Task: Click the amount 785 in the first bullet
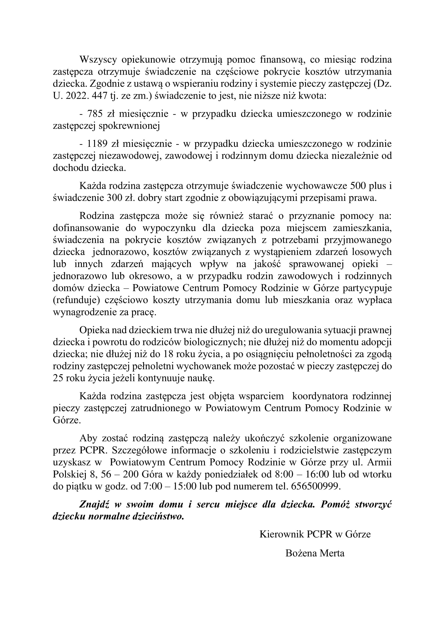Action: click(95, 113)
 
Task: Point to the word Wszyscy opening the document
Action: click(98, 59)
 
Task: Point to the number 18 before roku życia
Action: click(168, 354)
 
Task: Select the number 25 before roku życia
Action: click(58, 378)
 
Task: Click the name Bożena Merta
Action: click(315, 553)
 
